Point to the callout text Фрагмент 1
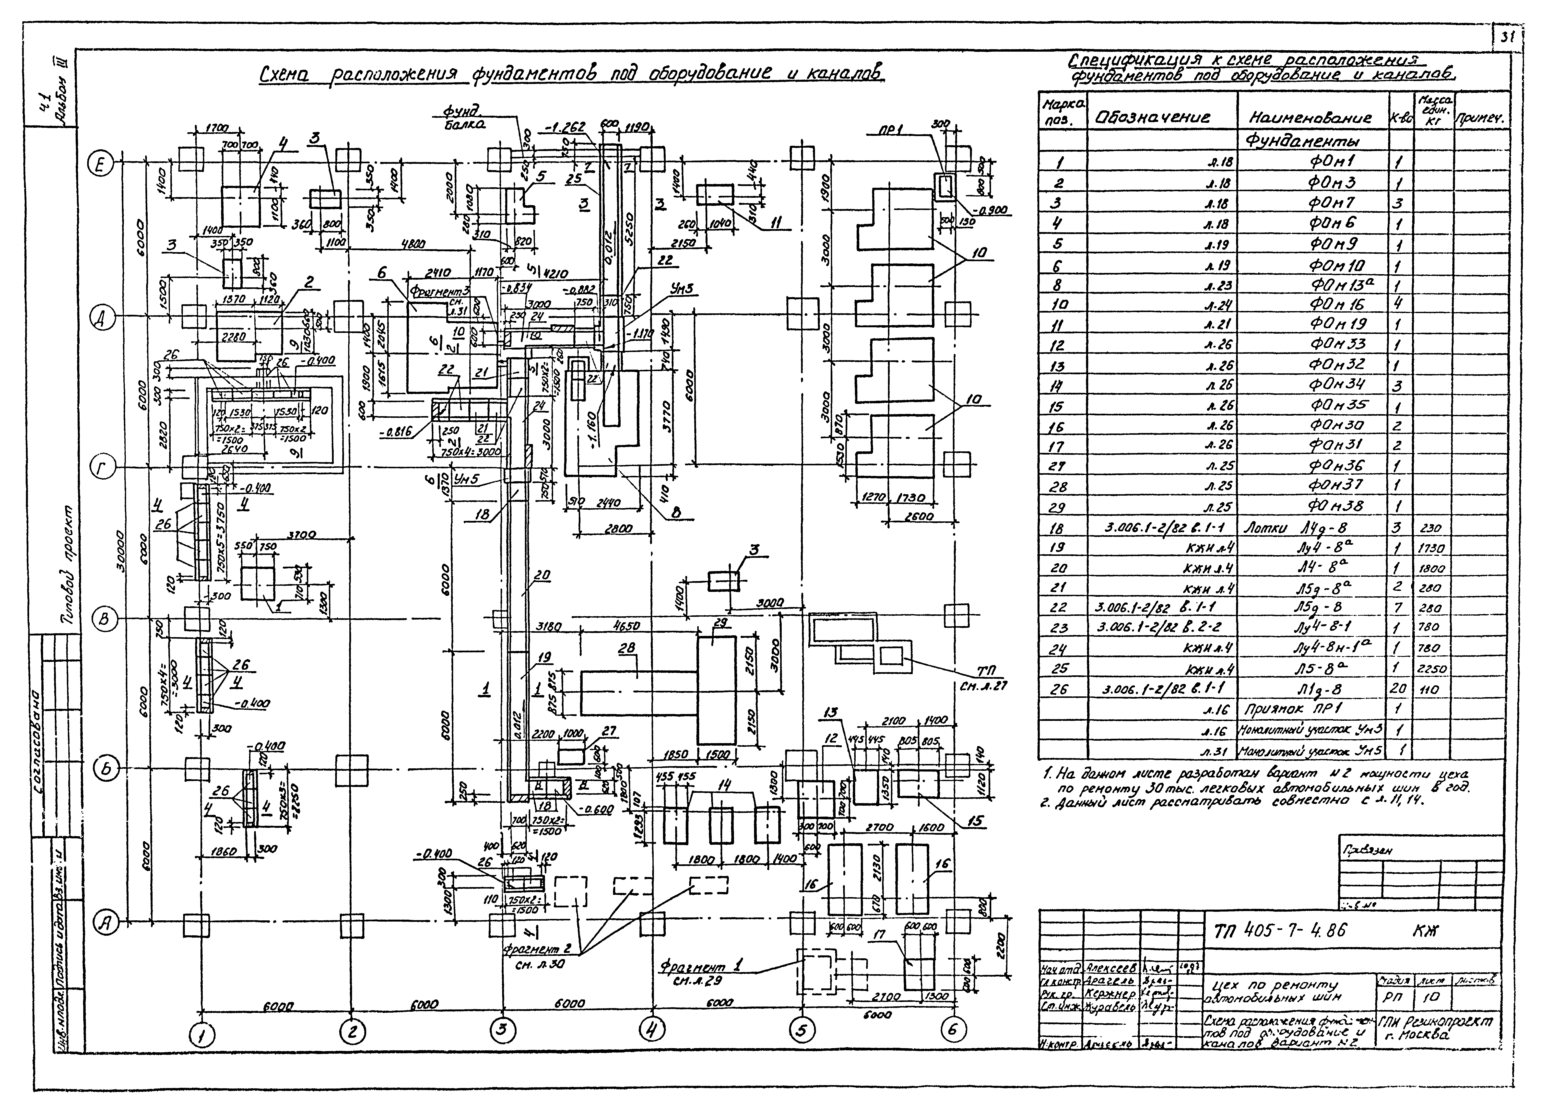[700, 966]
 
